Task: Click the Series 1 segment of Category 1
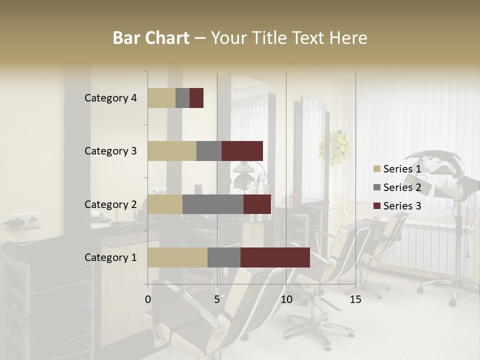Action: pos(177,257)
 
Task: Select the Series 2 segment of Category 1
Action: pos(223,257)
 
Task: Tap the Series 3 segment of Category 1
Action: pos(275,257)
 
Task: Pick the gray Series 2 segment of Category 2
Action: pos(212,204)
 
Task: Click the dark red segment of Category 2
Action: pos(257,204)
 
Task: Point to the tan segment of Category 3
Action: pos(172,151)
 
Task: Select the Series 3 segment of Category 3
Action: pos(242,151)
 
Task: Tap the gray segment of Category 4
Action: pos(182,98)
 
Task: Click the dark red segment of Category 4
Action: pos(196,98)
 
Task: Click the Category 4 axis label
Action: pos(110,98)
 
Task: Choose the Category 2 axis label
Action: pos(110,204)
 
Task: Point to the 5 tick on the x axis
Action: pos(217,300)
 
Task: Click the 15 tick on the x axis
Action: pos(355,300)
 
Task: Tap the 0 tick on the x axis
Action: pos(148,300)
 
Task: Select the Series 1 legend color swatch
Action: pos(376,169)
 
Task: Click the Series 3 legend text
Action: pos(402,206)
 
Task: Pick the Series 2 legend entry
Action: pos(397,187)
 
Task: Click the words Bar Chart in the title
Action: pos(151,38)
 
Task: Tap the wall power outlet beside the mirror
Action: pos(23,220)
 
